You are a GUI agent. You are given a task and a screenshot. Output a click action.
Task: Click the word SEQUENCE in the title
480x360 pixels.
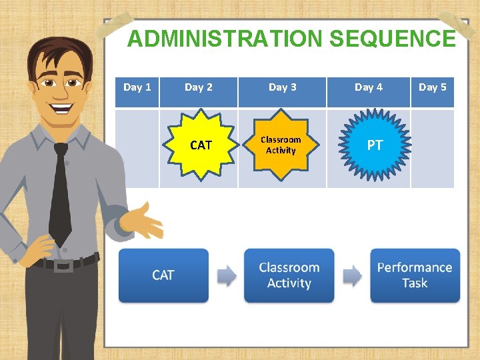pos(392,39)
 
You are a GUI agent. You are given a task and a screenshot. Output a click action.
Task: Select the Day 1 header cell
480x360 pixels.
pos(137,87)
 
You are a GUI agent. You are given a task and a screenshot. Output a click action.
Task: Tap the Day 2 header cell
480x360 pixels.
pos(199,87)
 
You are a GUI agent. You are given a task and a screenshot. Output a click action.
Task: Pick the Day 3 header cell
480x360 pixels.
pos(282,87)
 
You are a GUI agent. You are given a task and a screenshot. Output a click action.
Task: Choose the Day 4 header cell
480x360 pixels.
pos(368,87)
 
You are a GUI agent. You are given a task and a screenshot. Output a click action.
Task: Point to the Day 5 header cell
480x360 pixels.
pos(432,87)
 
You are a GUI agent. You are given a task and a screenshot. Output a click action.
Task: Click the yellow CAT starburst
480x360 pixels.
pos(200,145)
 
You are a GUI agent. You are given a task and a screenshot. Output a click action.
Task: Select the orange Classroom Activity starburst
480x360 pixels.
pos(281,145)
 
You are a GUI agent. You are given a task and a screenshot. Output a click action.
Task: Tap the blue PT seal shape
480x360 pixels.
pos(375,145)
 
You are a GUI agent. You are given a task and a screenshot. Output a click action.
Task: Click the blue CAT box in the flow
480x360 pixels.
pos(163,275)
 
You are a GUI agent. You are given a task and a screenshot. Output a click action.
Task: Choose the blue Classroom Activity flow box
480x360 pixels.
pos(289,275)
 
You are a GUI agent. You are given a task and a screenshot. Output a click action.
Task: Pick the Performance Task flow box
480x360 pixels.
pos(415,275)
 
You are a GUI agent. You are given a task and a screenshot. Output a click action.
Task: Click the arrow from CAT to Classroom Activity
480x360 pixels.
pos(227,275)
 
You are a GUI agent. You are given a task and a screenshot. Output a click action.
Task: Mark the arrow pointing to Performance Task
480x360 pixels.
pos(352,275)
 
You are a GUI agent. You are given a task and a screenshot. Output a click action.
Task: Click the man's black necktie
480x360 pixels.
pos(60,193)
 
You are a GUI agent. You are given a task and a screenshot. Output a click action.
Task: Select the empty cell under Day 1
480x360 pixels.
pos(137,148)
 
